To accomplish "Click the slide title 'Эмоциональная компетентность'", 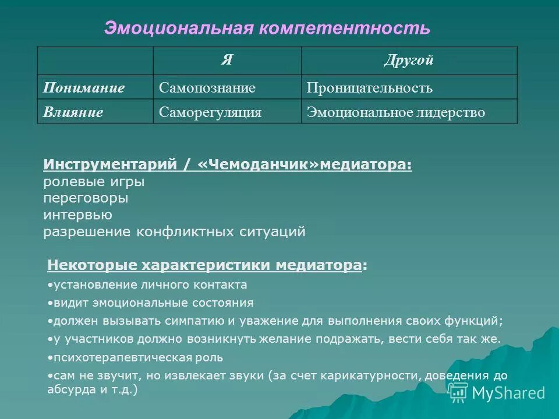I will point(267,27).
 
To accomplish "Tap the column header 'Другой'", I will point(409,61).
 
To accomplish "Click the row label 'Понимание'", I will point(84,88).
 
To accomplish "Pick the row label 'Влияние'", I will point(73,112).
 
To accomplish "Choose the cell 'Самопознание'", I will point(207,88).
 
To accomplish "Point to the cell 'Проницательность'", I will point(370,88).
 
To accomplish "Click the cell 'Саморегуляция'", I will point(210,112).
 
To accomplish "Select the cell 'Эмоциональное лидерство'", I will point(395,112).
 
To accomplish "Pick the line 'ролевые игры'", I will point(94,182).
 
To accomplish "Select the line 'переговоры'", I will point(86,198).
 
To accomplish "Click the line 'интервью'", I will point(78,215).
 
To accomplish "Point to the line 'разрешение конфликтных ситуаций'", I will point(174,232).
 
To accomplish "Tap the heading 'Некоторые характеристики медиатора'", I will point(204,265).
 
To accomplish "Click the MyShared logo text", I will point(508,393).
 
